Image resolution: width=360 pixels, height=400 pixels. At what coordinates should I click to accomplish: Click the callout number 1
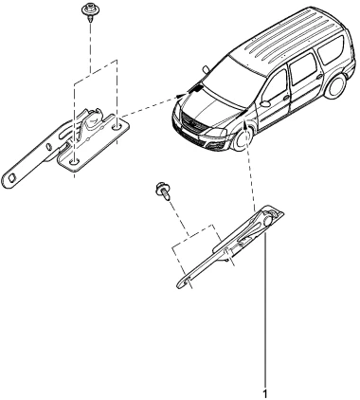pyautogui.click(x=265, y=394)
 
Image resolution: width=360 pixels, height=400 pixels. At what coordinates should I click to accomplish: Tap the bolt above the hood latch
pyautogui.click(x=88, y=12)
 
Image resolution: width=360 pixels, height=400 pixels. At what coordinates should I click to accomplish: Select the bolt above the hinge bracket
pyautogui.click(x=164, y=191)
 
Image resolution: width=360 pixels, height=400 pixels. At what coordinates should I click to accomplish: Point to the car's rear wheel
pyautogui.click(x=336, y=86)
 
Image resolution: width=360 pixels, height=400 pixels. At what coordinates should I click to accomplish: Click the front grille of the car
pyautogui.click(x=193, y=125)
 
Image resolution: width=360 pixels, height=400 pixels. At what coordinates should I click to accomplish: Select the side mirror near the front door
pyautogui.click(x=264, y=103)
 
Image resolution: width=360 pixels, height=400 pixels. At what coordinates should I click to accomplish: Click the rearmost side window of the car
pyautogui.click(x=331, y=50)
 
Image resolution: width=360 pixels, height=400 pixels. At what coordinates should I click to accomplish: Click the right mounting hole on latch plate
pyautogui.click(x=117, y=127)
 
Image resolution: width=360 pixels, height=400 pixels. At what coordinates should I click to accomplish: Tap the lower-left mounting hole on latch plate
pyautogui.click(x=74, y=161)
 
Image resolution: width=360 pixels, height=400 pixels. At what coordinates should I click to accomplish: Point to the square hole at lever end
pyautogui.click(x=12, y=177)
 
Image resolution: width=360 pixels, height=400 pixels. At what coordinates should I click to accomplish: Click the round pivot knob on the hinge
pyautogui.click(x=268, y=220)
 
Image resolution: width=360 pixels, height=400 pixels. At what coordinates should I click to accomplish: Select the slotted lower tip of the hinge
pyautogui.click(x=186, y=282)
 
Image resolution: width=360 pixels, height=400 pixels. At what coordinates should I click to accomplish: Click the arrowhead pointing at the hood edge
pyautogui.click(x=182, y=95)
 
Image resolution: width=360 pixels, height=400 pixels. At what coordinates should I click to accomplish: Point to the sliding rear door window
pyautogui.click(x=302, y=69)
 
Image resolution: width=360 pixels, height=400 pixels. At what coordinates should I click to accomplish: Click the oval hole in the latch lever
pyautogui.click(x=49, y=147)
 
